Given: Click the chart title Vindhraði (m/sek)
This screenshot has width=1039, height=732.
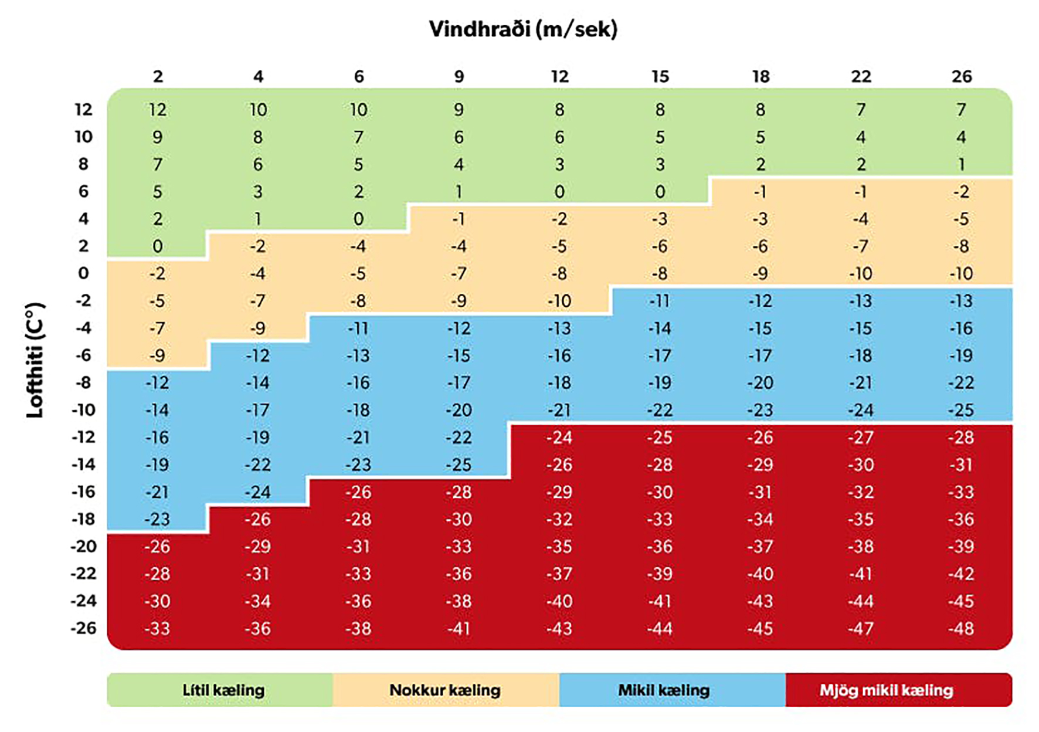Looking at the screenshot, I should point(523,29).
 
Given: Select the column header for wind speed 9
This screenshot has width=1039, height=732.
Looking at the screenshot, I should point(459,77).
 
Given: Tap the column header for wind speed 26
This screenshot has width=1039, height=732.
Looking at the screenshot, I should point(962,77).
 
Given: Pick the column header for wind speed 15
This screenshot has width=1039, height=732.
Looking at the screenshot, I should point(660,77).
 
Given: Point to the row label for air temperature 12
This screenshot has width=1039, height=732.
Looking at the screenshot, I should point(83,110).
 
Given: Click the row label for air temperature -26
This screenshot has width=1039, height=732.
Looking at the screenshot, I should point(83,628).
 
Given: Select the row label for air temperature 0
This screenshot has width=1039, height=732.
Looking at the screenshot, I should point(83,273).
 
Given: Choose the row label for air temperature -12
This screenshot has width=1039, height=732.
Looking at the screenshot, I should point(83,437).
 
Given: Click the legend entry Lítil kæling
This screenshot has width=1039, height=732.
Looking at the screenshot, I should point(223,690).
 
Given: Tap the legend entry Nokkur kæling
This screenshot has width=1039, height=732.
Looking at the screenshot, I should point(445,690).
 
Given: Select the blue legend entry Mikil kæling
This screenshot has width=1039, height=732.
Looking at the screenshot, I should point(664,690).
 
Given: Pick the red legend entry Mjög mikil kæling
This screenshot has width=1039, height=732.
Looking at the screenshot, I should point(886,690).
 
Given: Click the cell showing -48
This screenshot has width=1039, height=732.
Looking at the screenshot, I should point(961,629).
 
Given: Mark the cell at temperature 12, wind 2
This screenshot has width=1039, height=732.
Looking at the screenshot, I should point(158,110).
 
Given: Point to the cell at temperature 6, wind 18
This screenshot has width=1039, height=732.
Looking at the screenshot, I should point(760,192).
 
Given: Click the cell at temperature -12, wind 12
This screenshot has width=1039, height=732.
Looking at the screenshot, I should point(559,438).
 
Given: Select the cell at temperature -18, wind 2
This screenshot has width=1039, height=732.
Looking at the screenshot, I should point(158,520).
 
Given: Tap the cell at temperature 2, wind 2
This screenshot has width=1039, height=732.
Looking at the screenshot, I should point(158,246).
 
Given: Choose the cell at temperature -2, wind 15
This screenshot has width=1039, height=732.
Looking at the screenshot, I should point(660,301).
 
